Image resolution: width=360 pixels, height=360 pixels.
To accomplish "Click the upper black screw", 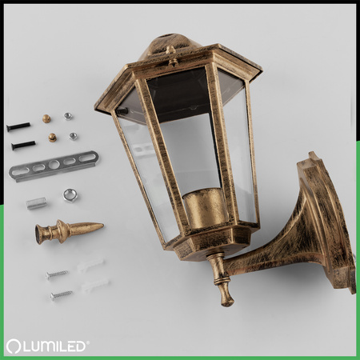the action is [x=18, y=126].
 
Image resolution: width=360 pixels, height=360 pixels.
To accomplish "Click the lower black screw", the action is [x=23, y=145].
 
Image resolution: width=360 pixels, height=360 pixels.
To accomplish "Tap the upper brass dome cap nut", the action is [x=46, y=118].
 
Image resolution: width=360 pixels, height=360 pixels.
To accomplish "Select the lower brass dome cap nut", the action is [x=52, y=138].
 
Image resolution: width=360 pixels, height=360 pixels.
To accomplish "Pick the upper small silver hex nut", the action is [x=68, y=116].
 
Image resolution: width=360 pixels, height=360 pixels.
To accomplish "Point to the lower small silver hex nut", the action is [x=73, y=136].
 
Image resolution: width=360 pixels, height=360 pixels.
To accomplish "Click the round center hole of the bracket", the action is [x=54, y=165].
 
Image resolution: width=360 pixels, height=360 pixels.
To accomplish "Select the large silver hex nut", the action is [x=70, y=195].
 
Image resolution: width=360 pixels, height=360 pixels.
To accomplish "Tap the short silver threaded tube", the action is [x=36, y=203].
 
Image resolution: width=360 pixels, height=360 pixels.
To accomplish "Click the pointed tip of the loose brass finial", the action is [x=103, y=226].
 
